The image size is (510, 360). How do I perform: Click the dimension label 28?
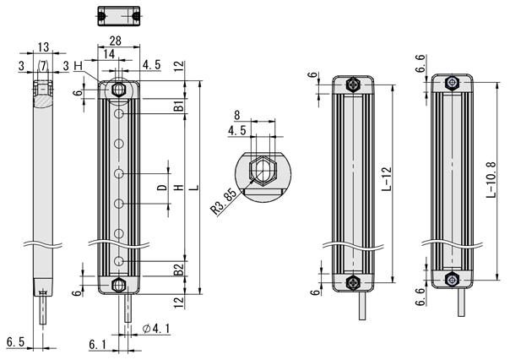tap(119, 41)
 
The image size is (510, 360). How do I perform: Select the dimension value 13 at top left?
tap(43, 48)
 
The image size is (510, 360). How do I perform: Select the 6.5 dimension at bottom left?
tap(14, 342)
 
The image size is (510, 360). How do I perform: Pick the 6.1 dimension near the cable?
tap(97, 342)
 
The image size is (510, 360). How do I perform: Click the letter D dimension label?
tap(161, 188)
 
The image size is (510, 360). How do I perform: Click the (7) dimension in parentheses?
tap(42, 65)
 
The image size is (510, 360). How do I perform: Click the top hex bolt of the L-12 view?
tap(352, 85)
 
